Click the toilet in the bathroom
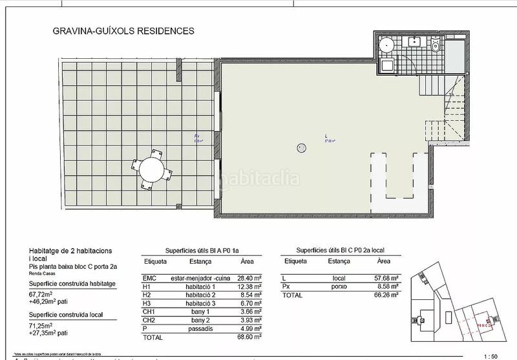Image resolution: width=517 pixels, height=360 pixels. [x=435, y=47]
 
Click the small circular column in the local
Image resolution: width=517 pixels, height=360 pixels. [x=301, y=147]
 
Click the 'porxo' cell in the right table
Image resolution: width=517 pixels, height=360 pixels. [x=338, y=286]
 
